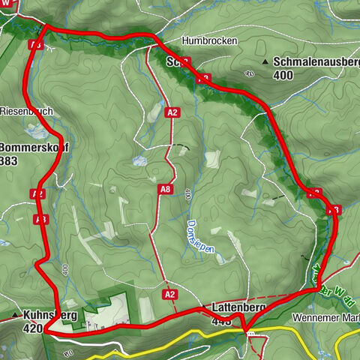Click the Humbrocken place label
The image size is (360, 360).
click(x=209, y=40)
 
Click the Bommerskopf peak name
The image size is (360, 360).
click(x=33, y=147)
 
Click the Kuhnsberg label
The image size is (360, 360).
click(x=50, y=316)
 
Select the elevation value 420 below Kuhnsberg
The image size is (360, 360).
click(x=33, y=328)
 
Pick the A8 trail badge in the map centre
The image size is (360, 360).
click(x=166, y=190)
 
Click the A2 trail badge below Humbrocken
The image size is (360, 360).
click(x=173, y=112)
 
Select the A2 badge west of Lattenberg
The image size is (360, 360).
click(x=170, y=294)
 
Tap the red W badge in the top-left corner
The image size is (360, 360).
click(x=7, y=4)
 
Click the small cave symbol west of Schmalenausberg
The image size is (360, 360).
click(x=248, y=73)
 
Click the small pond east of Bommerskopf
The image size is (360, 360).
click(x=138, y=160)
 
